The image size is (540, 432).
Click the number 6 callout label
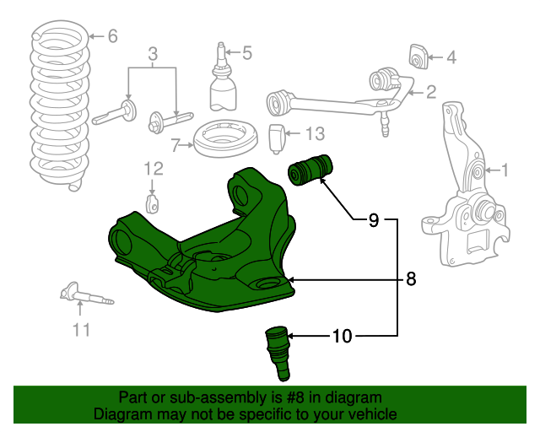coord(112,35)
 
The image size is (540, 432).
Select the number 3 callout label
coord(152,55)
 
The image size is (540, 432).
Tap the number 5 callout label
coord(246,54)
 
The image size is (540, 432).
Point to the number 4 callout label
coord(451,58)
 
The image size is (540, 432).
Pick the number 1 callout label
coord(505,171)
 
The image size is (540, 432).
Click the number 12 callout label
coord(152,167)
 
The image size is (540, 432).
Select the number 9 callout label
coord(373,221)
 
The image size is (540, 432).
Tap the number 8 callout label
coord(411,279)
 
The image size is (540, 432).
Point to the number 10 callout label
coord(342,336)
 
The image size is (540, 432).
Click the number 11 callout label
coord(81,330)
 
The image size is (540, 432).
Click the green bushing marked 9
coord(313,170)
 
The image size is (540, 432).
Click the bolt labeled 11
coord(86,296)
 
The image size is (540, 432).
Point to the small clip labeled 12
coord(153,204)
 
